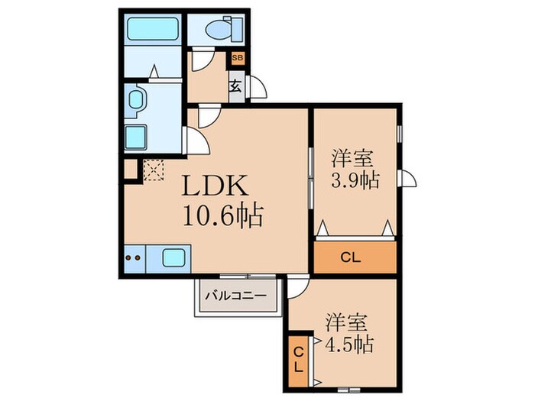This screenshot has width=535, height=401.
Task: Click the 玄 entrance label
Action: coord(236,86)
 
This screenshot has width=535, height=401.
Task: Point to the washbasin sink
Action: coord(138,101)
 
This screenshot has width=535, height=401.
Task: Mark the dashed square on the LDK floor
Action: coord(153,169)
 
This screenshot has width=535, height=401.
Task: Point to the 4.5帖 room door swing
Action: coord(298,287)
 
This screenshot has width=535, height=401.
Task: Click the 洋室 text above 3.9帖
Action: coord(352,159)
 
